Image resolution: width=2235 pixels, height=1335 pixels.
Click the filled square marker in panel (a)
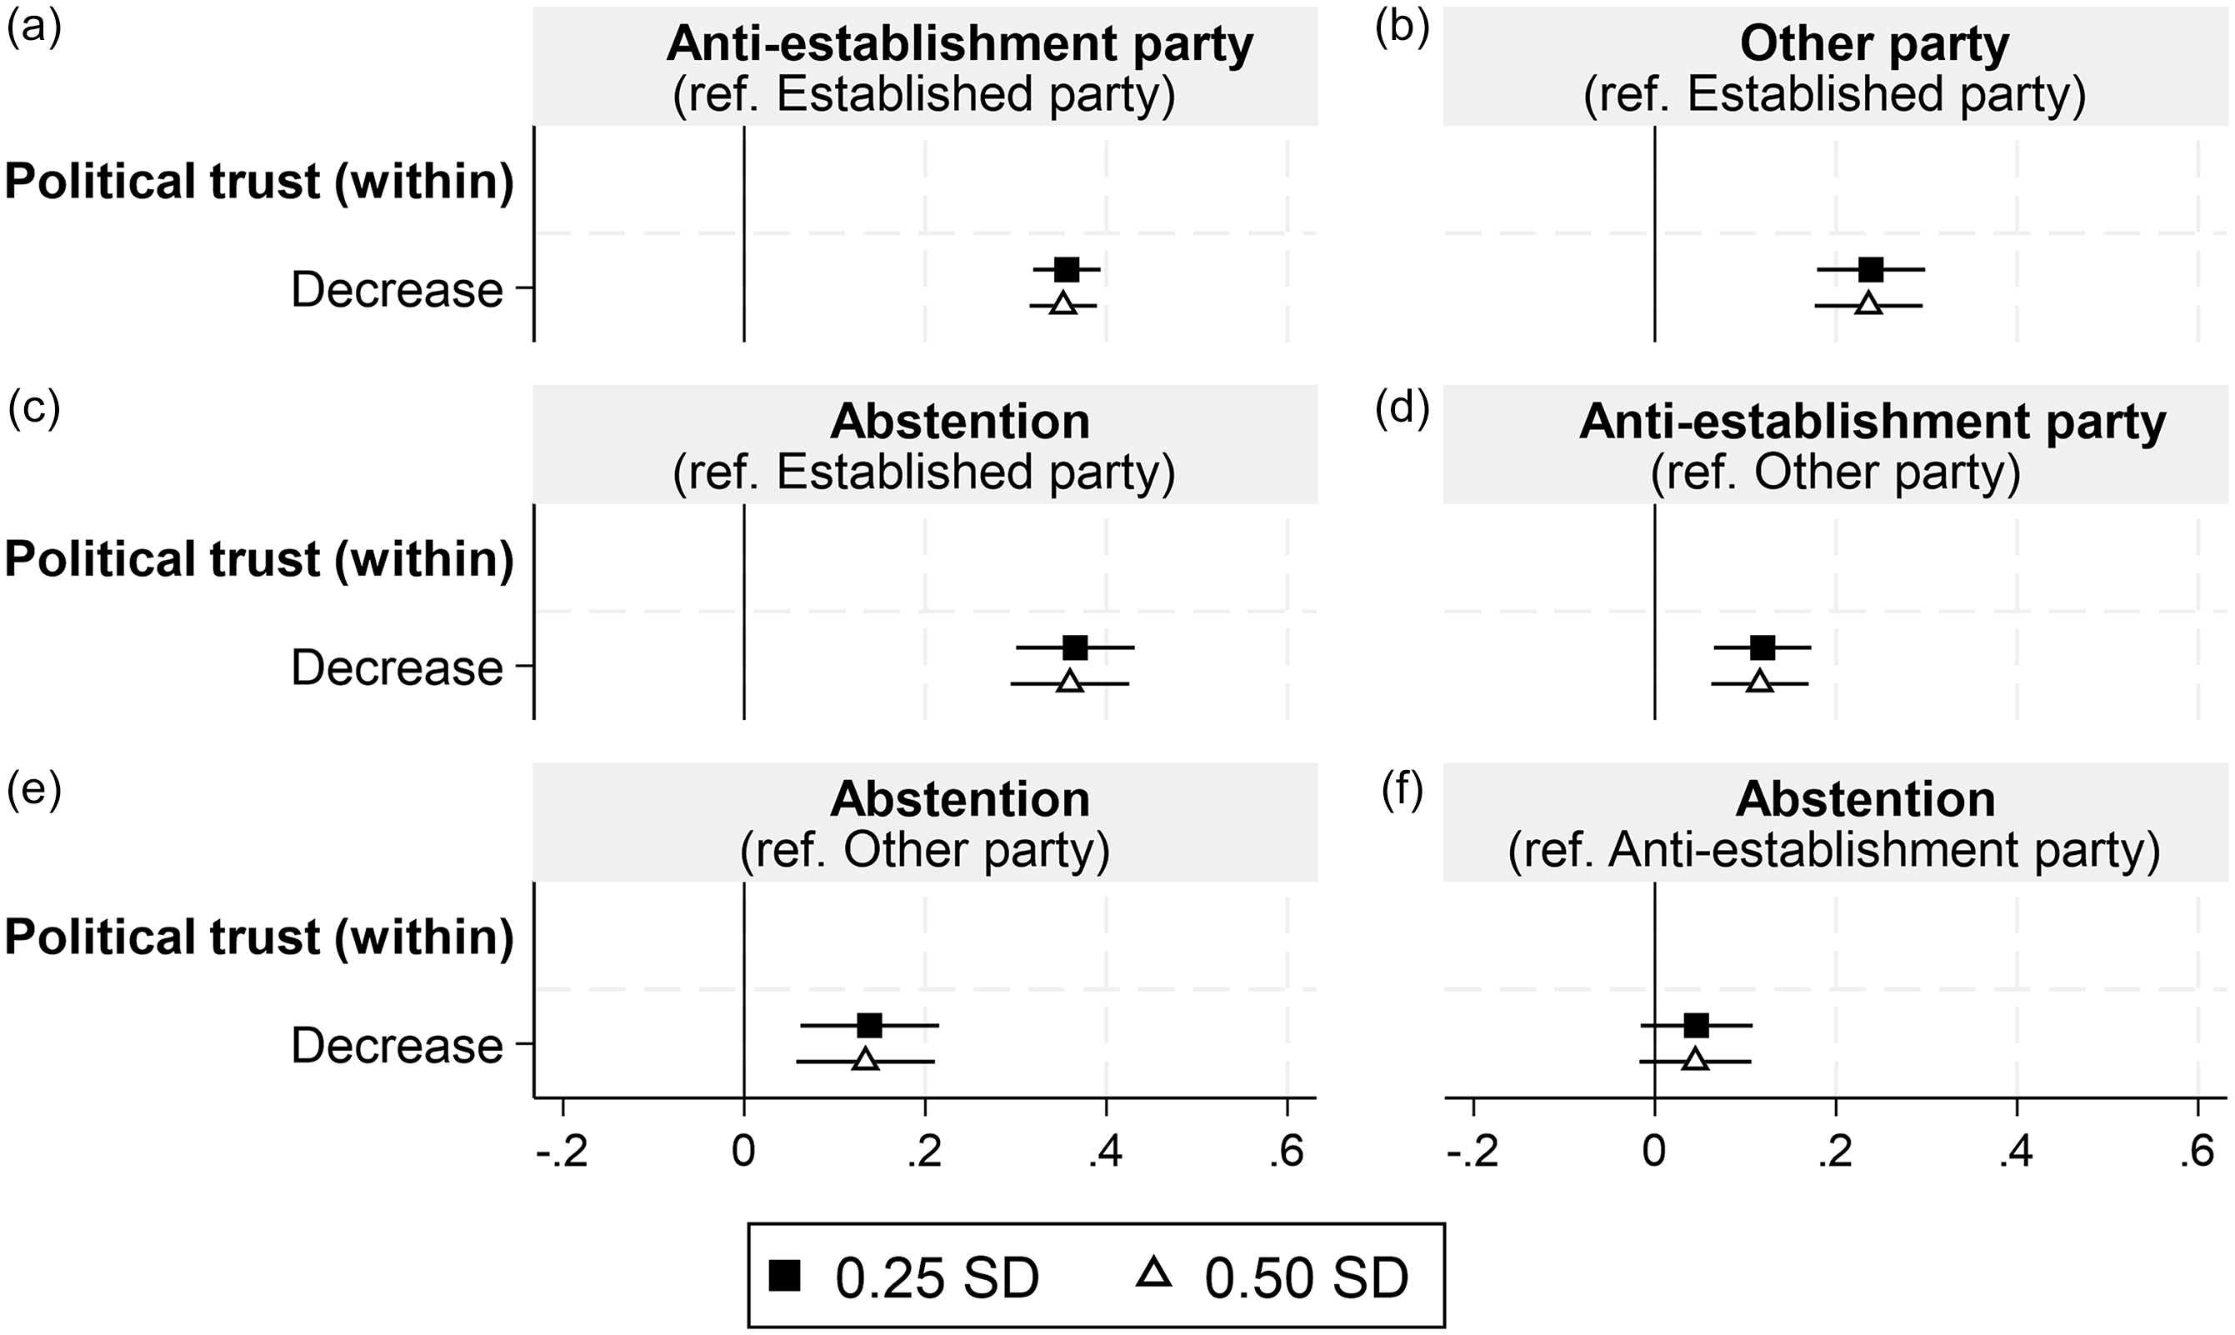1067,269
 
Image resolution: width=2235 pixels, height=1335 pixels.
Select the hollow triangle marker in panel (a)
1063,304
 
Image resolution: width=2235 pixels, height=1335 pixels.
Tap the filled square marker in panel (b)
1871,269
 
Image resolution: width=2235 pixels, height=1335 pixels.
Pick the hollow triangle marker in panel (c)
1069,682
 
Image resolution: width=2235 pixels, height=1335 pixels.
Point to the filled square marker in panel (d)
1762,647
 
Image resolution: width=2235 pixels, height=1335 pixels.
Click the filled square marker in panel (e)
870,1025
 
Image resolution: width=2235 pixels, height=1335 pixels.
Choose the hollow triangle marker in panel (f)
1695,1060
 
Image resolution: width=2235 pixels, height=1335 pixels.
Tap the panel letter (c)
34,408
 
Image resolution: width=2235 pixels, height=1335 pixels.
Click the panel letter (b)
1403,31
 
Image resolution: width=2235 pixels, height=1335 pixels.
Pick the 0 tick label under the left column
742,1152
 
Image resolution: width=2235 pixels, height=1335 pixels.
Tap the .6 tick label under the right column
2196,1152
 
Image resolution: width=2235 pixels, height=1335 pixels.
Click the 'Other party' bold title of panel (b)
1874,44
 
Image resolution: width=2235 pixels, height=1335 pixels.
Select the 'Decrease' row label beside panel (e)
397,1045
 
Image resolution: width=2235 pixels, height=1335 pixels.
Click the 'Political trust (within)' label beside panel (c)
259,559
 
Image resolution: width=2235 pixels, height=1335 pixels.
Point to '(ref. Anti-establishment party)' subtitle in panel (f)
1834,850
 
